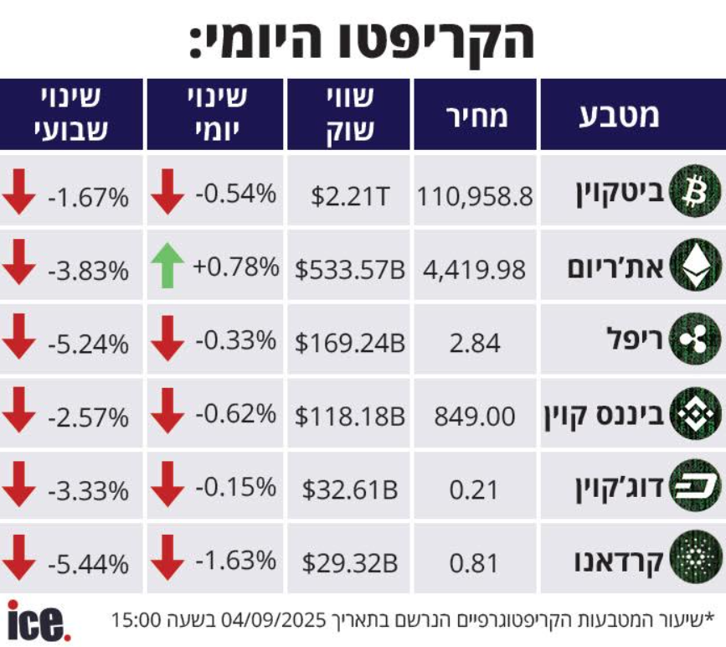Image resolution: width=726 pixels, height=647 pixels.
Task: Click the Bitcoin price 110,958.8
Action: coord(474,197)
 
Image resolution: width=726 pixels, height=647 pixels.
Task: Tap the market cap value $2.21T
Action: coord(350,197)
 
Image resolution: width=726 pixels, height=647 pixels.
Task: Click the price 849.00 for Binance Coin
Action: coord(475,416)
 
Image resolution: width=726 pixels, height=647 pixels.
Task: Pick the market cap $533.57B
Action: coord(350,270)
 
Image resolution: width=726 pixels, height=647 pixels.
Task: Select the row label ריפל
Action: coord(634,342)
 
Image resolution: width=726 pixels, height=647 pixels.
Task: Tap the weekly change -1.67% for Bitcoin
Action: coord(88,198)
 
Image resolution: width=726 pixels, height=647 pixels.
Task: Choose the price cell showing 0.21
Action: coord(475,489)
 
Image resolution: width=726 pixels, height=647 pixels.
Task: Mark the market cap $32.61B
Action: coord(350,489)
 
